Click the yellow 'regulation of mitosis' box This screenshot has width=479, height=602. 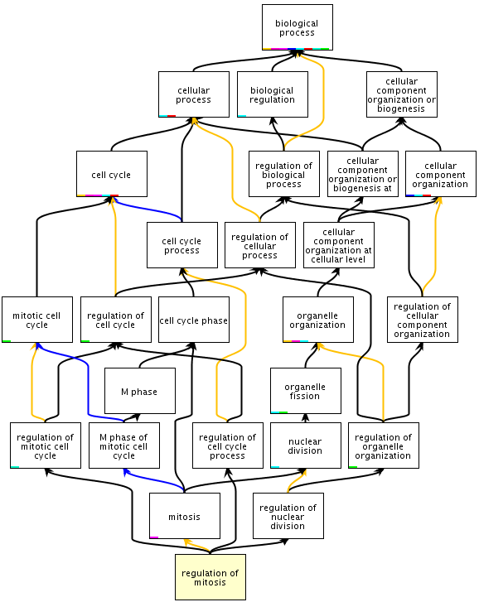click(x=210, y=577)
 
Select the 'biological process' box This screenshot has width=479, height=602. click(x=298, y=27)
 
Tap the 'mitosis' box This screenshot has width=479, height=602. click(x=184, y=516)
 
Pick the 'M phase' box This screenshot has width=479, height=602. click(x=140, y=391)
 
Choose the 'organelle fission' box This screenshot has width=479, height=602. click(x=305, y=391)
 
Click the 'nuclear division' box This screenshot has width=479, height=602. click(x=305, y=445)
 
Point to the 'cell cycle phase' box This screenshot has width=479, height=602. click(x=194, y=320)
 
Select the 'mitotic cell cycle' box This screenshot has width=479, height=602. click(x=36, y=320)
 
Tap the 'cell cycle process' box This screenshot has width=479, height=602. click(x=182, y=245)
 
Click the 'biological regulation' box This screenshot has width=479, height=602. click(x=273, y=94)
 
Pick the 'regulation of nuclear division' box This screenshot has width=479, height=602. click(x=288, y=516)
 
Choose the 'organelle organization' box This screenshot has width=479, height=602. click(x=318, y=320)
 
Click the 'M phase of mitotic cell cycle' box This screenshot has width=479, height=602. click(x=124, y=445)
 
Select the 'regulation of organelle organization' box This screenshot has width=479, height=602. click(x=384, y=445)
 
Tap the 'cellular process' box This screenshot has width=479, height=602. click(x=194, y=94)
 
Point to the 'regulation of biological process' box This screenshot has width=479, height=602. click(x=284, y=174)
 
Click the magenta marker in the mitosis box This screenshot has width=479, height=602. click(x=154, y=537)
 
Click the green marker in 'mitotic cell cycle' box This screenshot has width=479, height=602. click(x=7, y=341)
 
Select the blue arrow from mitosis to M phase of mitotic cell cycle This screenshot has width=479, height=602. click(x=152, y=478)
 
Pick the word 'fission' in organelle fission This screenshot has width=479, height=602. click(x=305, y=396)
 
